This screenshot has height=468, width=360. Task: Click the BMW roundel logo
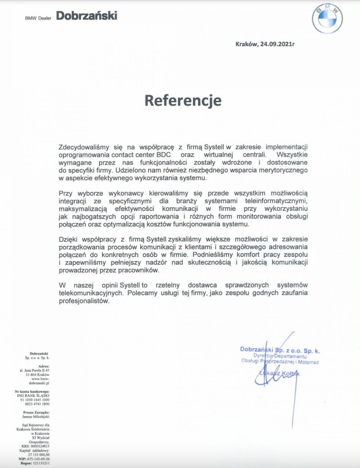point(327,20)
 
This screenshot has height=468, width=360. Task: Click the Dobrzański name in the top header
point(87,16)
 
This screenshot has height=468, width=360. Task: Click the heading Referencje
point(183,100)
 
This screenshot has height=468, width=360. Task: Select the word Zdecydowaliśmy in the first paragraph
point(84,147)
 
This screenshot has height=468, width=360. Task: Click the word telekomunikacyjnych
point(91,293)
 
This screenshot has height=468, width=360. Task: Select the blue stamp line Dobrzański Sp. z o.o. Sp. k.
point(280,350)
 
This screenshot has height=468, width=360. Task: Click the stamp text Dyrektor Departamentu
point(280,356)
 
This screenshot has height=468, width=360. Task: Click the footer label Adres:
point(43,366)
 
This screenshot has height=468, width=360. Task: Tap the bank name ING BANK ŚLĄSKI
point(33,395)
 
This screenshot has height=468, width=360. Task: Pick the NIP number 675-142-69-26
point(39,458)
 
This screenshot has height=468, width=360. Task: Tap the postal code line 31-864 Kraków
point(37,375)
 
